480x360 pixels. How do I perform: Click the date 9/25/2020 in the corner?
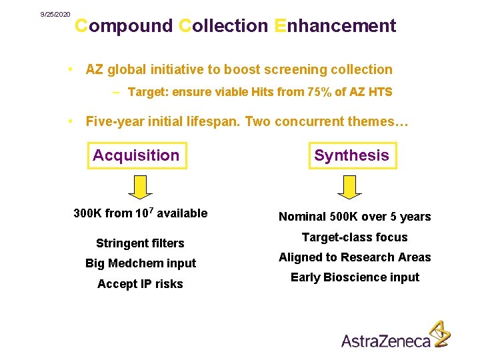[55, 14]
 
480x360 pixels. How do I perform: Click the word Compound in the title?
[123, 26]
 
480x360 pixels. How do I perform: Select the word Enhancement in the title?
[335, 26]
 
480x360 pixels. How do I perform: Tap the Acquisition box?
[137, 155]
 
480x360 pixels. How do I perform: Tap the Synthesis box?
[351, 155]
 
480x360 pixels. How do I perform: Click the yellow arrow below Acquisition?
[140, 188]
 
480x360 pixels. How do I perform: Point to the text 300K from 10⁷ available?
[140, 213]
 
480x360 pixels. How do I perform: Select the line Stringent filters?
[140, 243]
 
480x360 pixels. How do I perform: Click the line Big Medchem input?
[140, 263]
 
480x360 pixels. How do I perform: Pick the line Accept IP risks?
[140, 284]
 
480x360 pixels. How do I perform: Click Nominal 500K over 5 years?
[355, 217]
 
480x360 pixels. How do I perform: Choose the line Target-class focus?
[355, 237]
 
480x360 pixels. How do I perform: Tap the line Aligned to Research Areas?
[355, 257]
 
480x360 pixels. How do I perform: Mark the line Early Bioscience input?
[355, 277]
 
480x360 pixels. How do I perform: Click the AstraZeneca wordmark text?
[386, 341]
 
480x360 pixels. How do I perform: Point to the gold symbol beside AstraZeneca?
[438, 333]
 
